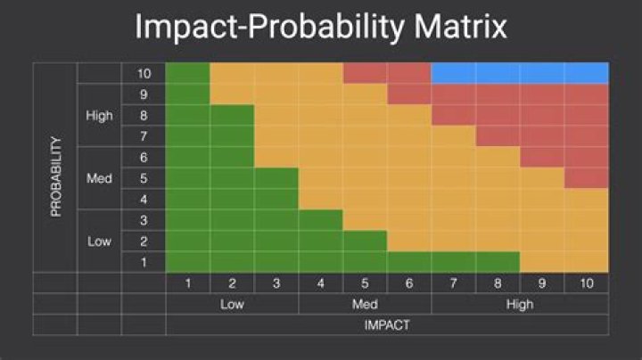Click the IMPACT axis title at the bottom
[387, 324]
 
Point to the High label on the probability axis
[99, 116]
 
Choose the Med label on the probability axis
[99, 178]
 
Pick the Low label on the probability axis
[99, 241]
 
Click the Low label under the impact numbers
[232, 304]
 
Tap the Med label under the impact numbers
[365, 304]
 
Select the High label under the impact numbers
[520, 304]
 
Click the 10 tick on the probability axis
[144, 73]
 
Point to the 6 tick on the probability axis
[144, 157]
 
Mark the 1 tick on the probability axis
[144, 262]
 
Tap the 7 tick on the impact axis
[453, 283]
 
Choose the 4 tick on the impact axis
[320, 283]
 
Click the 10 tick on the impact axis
[586, 283]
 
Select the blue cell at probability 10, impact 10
[586, 73]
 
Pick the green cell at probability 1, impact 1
[187, 262]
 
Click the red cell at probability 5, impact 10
[586, 178]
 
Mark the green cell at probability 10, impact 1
[187, 73]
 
